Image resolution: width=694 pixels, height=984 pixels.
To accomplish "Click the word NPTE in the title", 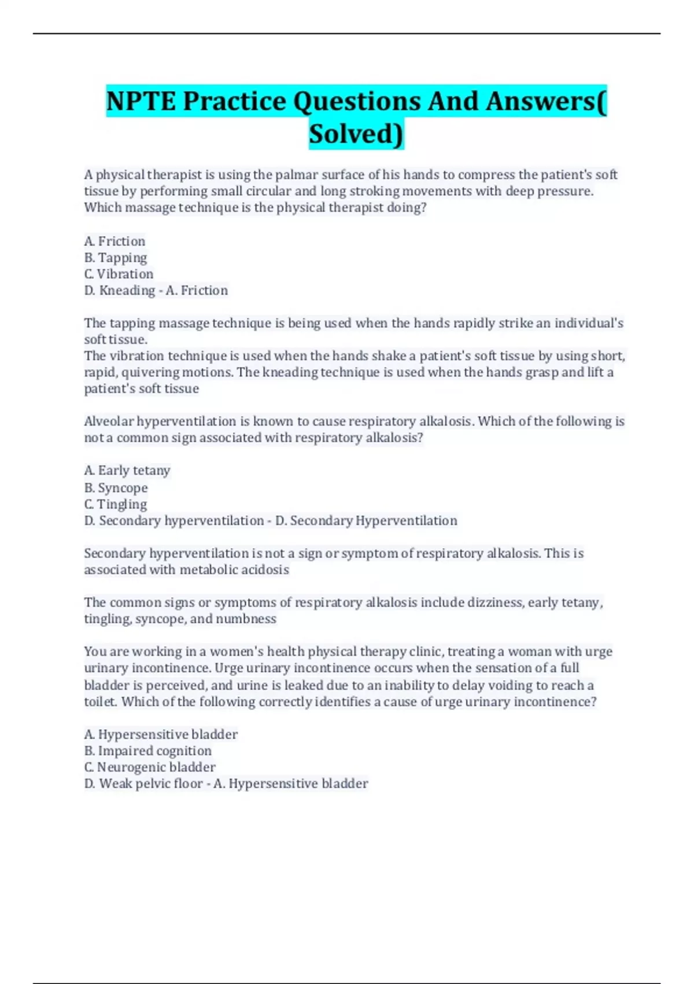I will point(141,101).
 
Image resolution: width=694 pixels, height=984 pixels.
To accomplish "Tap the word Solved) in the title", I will point(356,134).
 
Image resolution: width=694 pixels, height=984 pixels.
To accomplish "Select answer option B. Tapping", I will point(116,258).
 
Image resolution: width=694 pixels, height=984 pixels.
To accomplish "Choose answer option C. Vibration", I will point(119,274).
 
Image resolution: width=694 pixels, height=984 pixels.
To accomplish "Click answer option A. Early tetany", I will point(127,470).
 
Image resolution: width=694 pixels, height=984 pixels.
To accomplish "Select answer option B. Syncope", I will point(116,487).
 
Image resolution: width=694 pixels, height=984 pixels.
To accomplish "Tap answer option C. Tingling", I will point(116,504).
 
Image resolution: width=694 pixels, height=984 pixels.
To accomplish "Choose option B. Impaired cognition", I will point(148,751).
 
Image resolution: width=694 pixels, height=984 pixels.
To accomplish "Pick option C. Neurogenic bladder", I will point(150,767).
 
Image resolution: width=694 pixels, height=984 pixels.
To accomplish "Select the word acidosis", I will point(265,570).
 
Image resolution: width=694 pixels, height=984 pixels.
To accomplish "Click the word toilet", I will point(100,702).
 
